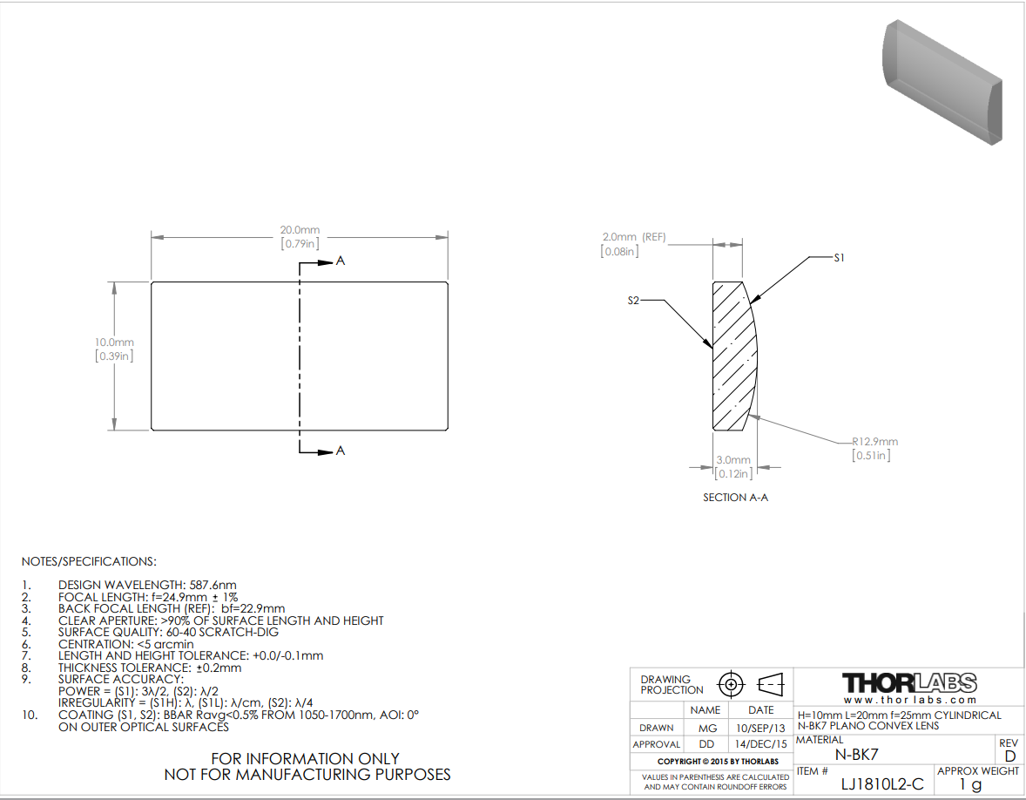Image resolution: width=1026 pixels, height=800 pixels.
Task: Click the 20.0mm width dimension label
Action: coord(300,230)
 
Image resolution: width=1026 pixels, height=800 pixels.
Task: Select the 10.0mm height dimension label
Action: coord(114,342)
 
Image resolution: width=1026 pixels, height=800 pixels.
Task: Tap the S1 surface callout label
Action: coord(839,258)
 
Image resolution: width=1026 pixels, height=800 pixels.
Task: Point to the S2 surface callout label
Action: coord(632,301)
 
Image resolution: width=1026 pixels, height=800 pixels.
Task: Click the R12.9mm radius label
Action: coord(874,442)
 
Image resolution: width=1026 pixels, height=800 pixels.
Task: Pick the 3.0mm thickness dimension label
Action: coord(732,460)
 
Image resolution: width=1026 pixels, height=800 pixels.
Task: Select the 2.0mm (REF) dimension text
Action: coord(633,237)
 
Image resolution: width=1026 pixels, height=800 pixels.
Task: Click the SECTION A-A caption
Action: coord(735,498)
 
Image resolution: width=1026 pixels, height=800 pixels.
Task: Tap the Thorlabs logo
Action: coord(909,683)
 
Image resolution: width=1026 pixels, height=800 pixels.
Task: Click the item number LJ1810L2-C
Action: coord(882,784)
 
